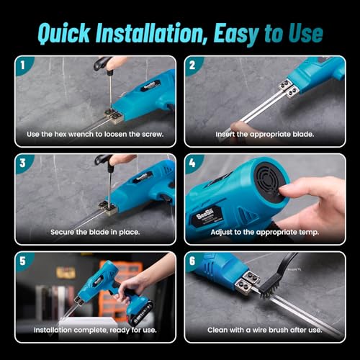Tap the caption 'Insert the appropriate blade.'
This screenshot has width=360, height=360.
pos(265,134)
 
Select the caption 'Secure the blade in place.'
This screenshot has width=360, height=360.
pos(95,232)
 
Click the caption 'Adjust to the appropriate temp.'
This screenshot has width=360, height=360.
pos(265,232)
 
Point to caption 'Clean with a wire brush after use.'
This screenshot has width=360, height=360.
pos(265,330)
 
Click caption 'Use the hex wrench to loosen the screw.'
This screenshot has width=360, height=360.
pos(95,134)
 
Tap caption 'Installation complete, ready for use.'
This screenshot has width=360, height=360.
pos(95,330)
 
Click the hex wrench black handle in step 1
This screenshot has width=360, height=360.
pos(105,63)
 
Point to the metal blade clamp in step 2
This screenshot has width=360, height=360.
pos(288,88)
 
